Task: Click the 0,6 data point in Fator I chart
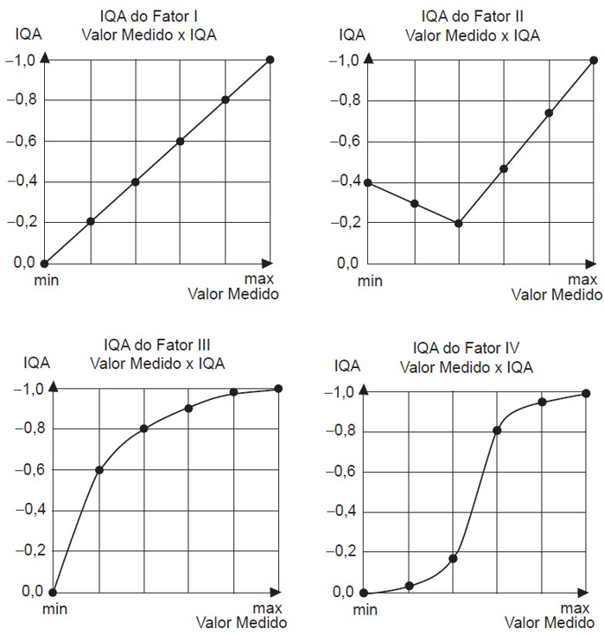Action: [181, 141]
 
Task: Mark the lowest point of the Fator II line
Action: [459, 223]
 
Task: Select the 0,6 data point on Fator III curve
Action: [99, 470]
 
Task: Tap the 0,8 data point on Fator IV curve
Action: [497, 430]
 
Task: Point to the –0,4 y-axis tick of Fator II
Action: [343, 181]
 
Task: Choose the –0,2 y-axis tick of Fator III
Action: [28, 551]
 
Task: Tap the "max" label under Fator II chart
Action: [583, 279]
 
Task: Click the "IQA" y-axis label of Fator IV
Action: [347, 366]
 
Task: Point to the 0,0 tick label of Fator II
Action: [347, 263]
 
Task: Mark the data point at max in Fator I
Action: [270, 60]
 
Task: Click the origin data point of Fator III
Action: [54, 593]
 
